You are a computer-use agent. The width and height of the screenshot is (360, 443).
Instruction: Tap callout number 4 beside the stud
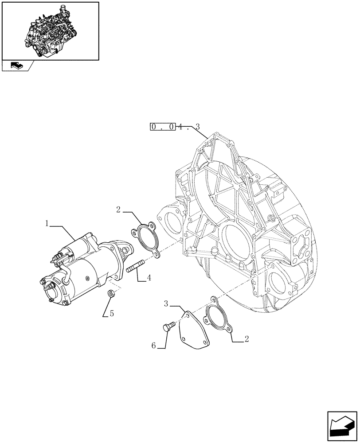149,278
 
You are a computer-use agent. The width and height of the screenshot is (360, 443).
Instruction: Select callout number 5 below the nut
112,314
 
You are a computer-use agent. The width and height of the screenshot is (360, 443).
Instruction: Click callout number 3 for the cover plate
166,304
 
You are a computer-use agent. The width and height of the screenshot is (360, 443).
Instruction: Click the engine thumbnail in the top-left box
50,31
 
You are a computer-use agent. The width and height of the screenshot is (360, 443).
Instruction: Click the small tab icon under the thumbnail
16,66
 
